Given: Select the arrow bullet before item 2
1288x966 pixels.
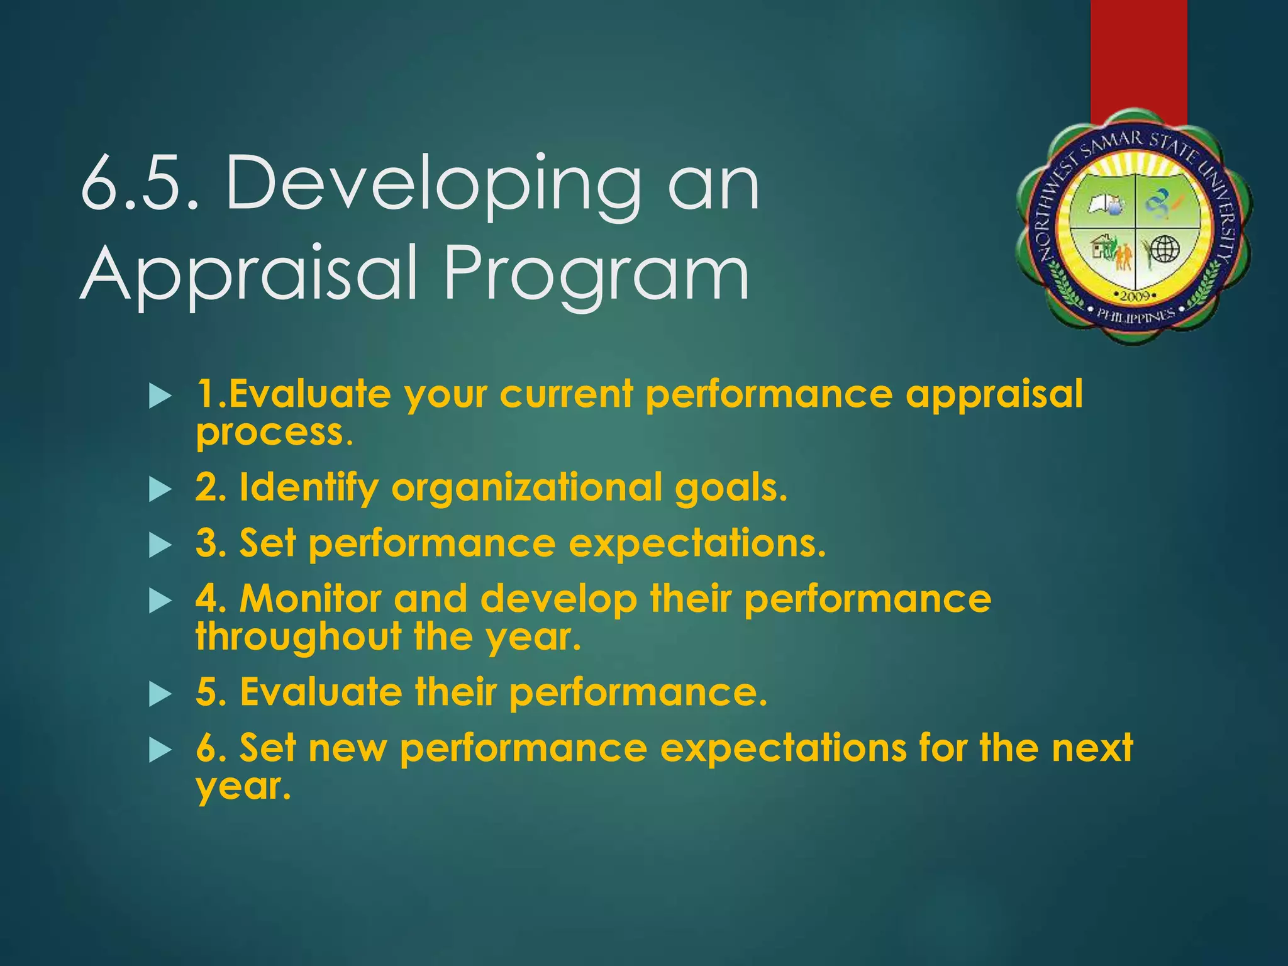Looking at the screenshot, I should pos(160,490).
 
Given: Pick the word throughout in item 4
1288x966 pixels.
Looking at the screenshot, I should pos(299,636).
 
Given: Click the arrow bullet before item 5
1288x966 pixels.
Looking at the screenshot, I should pos(160,695).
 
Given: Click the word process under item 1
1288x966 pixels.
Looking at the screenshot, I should pos(270,433).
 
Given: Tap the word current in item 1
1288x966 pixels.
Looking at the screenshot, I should pos(566,394).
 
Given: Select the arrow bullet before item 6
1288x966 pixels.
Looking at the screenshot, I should pos(160,750).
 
